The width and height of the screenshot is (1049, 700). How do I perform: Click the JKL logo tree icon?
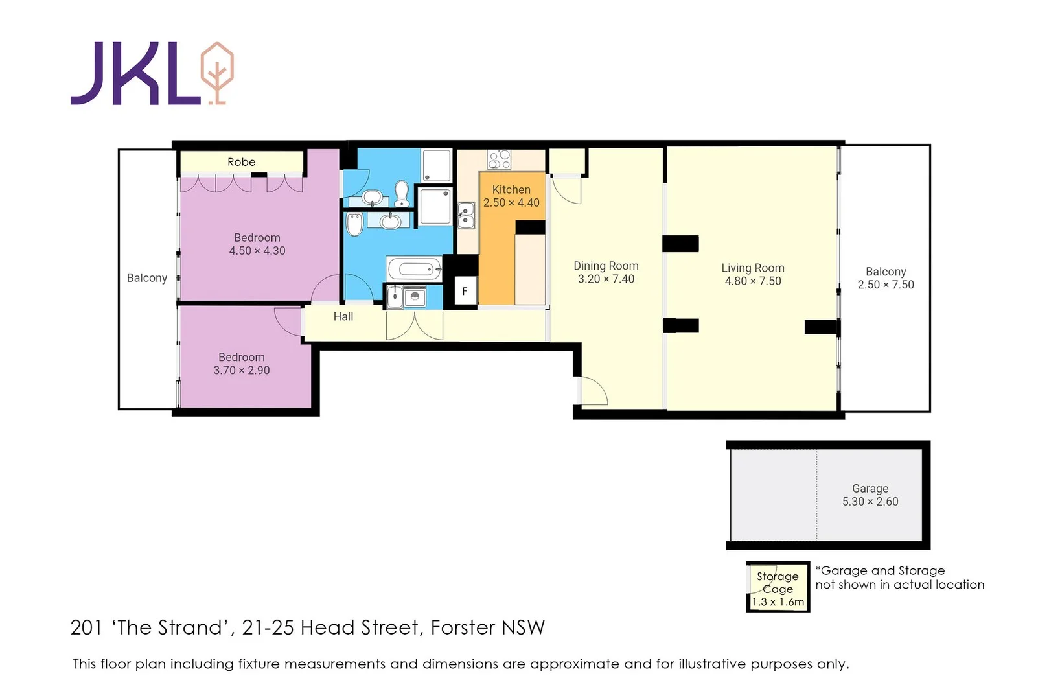point(217,73)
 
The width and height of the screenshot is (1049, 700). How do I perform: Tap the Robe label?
point(242,162)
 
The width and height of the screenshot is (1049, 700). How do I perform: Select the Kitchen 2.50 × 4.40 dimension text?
point(511,203)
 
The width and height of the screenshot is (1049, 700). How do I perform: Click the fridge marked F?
point(465,291)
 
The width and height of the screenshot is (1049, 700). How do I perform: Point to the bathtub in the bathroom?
point(415,269)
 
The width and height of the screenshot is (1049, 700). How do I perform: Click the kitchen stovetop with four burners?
point(499,159)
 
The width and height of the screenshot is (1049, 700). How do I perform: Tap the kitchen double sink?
point(466,216)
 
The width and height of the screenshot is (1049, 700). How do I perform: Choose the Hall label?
point(343,317)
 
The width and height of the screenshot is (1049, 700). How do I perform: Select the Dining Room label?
point(606,266)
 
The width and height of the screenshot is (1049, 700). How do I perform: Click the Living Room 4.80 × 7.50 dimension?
point(753,281)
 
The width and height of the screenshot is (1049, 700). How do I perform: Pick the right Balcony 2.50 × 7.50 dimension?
point(886,285)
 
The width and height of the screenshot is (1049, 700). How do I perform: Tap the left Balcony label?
point(147,278)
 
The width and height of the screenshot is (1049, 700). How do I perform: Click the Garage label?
point(870,489)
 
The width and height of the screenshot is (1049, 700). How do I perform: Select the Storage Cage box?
point(778,587)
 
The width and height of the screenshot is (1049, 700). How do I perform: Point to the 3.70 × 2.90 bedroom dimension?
point(242,370)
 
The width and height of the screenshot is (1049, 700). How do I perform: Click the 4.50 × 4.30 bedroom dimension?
point(257,251)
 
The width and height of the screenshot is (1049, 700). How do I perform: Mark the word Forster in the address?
point(463,628)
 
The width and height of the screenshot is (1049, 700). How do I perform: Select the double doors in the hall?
point(415,326)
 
